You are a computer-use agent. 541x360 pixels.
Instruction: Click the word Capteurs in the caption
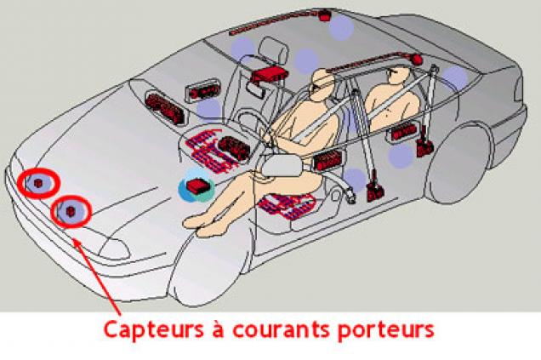(x=154, y=330)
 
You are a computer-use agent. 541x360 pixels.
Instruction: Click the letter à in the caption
(x=218, y=329)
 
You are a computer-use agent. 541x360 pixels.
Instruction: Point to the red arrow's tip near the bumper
(x=75, y=241)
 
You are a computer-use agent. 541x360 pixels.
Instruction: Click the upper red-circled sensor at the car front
(x=39, y=183)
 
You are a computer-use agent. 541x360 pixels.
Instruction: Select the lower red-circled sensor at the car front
(x=71, y=211)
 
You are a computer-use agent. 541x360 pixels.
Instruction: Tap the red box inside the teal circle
(x=196, y=186)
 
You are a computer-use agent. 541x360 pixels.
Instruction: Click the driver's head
(x=322, y=85)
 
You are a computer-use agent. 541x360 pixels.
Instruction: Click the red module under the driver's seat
(x=287, y=206)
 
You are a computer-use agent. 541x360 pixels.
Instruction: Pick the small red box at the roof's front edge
(x=325, y=15)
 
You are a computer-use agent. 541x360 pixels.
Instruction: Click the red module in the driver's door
(x=327, y=162)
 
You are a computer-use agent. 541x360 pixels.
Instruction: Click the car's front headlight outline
(x=115, y=249)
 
